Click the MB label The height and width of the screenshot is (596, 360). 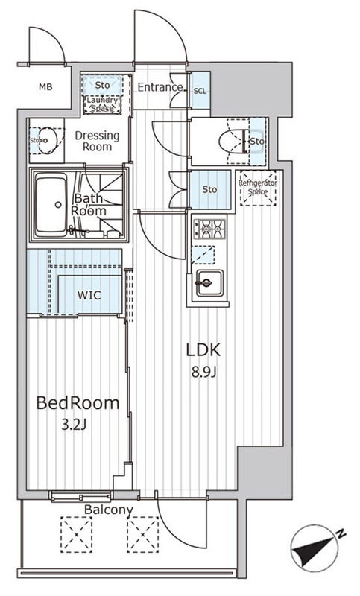[45, 87]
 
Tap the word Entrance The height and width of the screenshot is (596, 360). [160, 87]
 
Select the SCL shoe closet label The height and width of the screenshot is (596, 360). [200, 91]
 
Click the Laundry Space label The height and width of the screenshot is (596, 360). [102, 104]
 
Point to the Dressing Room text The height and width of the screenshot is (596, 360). [97, 141]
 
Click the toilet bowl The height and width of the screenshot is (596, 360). [230, 142]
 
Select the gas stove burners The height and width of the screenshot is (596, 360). [209, 229]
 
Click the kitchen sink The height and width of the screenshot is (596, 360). [209, 283]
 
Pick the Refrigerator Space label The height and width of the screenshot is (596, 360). [258, 188]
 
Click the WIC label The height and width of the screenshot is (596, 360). [89, 295]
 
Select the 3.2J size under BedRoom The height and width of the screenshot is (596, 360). [75, 425]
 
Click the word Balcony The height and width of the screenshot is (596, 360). [109, 510]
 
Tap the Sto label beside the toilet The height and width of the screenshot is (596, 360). [257, 142]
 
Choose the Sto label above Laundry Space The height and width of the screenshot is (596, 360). [102, 85]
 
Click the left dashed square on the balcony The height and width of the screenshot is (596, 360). [77, 534]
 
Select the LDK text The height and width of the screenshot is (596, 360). [203, 350]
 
